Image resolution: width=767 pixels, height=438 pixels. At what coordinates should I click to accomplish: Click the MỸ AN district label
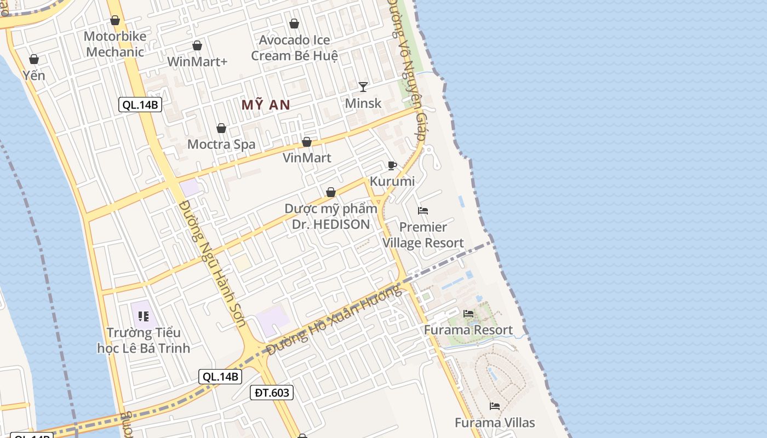(x=266, y=105)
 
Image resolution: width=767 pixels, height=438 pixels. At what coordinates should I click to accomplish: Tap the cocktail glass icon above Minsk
(x=363, y=87)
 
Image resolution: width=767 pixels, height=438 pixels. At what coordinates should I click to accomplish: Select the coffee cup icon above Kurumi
(x=392, y=165)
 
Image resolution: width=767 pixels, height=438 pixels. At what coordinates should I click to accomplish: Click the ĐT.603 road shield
(x=272, y=392)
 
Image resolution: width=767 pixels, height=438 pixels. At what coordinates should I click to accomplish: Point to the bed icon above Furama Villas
(x=495, y=406)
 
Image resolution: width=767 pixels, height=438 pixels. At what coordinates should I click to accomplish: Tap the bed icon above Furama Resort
(x=468, y=314)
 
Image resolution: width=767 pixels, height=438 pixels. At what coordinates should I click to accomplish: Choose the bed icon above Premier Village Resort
(x=423, y=211)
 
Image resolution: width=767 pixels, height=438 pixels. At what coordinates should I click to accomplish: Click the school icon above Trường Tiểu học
(x=144, y=316)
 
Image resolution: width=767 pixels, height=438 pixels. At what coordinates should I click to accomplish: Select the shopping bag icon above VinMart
(x=307, y=142)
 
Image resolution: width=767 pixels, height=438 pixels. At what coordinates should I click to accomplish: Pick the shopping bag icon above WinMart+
(x=197, y=45)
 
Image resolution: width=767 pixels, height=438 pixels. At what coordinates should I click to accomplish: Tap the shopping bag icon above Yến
(x=34, y=59)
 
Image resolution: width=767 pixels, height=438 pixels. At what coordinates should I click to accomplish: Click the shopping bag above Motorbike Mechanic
(x=115, y=21)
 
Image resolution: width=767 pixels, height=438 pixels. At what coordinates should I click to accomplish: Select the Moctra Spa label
(x=221, y=145)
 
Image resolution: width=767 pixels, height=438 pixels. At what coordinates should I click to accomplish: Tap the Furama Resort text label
(x=468, y=330)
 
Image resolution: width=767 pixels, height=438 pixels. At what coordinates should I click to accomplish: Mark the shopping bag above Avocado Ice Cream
(x=294, y=24)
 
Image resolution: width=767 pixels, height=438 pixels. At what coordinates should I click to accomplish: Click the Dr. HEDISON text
(x=330, y=224)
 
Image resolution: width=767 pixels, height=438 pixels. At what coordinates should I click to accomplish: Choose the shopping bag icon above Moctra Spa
(x=221, y=129)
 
